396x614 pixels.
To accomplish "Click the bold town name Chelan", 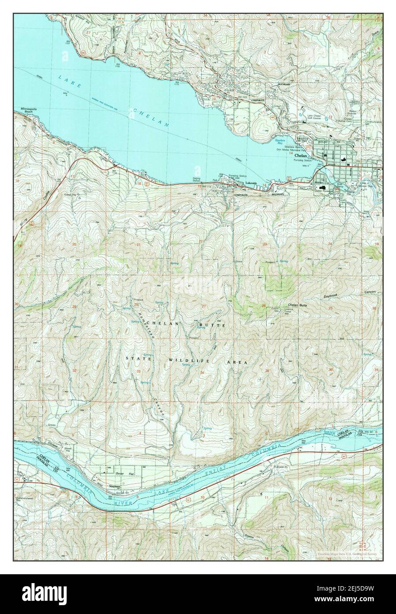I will click(x=301, y=156).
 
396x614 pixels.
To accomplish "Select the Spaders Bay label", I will click(x=279, y=141).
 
